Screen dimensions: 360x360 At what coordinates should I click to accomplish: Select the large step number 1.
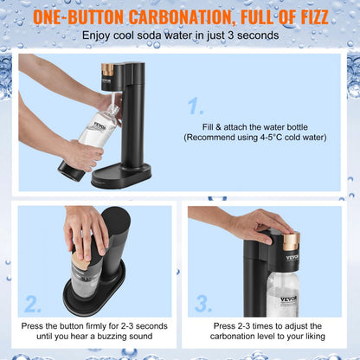click(x=196, y=107)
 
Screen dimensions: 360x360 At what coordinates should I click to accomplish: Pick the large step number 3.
click(x=203, y=304)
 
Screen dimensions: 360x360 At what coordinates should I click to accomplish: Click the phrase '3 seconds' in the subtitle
click(x=252, y=35)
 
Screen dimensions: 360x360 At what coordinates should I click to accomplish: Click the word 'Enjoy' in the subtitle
click(x=99, y=35)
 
